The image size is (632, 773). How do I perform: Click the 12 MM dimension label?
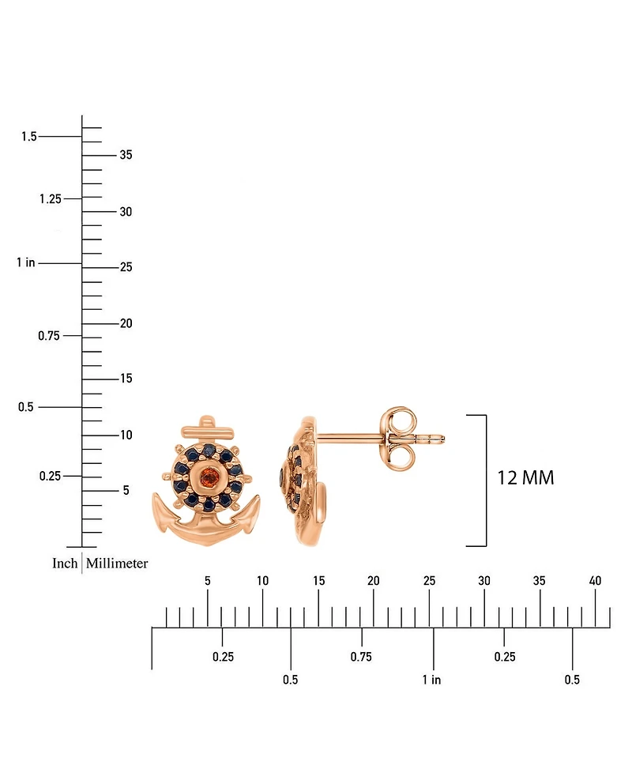point(525,477)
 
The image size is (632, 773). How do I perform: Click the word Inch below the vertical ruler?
point(65,563)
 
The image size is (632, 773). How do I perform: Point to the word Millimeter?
point(117,563)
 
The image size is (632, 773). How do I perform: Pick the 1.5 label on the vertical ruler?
point(29,136)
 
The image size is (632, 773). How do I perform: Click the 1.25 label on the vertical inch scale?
point(51,198)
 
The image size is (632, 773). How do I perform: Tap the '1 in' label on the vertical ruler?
point(26,262)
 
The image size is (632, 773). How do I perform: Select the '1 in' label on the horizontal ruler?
point(431,680)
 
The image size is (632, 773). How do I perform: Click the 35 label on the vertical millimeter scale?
point(126,155)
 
